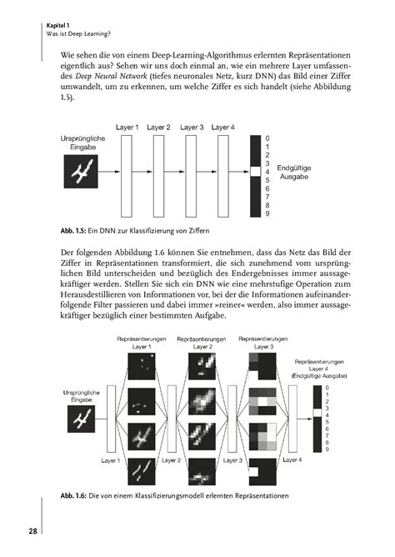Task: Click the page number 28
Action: click(x=32, y=531)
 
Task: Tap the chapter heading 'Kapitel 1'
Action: click(x=57, y=26)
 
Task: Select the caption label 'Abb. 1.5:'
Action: click(x=73, y=230)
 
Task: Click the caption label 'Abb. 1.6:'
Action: click(x=73, y=495)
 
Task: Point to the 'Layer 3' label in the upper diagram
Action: click(x=192, y=128)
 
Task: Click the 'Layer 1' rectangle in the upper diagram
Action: click(x=127, y=176)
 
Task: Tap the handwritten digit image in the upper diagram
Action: click(x=81, y=171)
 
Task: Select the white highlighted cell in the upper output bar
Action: click(x=255, y=171)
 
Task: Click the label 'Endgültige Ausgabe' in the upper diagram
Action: click(x=294, y=173)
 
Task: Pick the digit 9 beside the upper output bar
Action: click(x=267, y=213)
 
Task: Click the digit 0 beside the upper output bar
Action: click(x=267, y=138)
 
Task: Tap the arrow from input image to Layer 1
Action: click(x=109, y=172)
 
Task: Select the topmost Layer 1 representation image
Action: click(x=142, y=366)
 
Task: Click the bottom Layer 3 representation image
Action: click(x=262, y=472)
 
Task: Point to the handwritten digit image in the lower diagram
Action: click(x=82, y=419)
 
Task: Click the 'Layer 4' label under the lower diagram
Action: click(x=292, y=459)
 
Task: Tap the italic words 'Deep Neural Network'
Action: click(x=111, y=76)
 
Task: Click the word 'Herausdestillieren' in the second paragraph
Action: click(x=101, y=294)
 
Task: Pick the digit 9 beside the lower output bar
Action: click(x=327, y=449)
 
